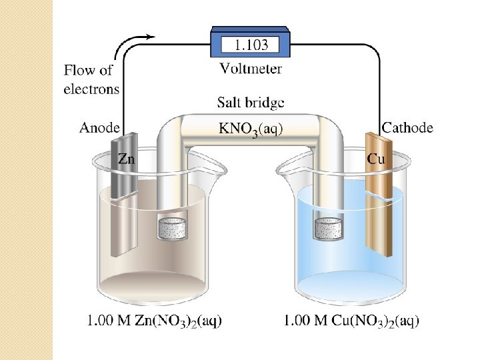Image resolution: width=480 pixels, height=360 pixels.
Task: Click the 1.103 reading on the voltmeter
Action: point(251,45)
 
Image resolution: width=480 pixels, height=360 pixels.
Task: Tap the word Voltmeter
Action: point(251,68)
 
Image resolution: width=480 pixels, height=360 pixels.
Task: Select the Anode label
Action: point(100,127)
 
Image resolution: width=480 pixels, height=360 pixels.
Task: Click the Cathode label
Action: point(407,127)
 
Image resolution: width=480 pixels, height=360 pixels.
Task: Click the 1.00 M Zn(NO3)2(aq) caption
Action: point(155,321)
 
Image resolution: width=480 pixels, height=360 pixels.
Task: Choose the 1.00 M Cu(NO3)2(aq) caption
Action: point(351,321)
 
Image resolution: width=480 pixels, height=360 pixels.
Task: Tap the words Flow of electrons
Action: point(91,79)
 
